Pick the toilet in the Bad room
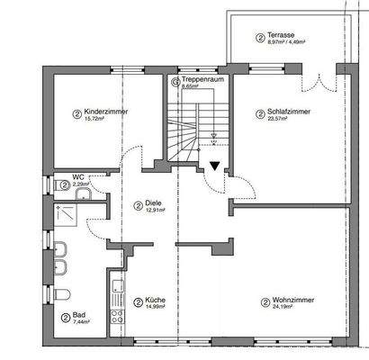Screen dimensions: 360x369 (60, 298)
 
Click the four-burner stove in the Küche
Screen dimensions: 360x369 (115, 315)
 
